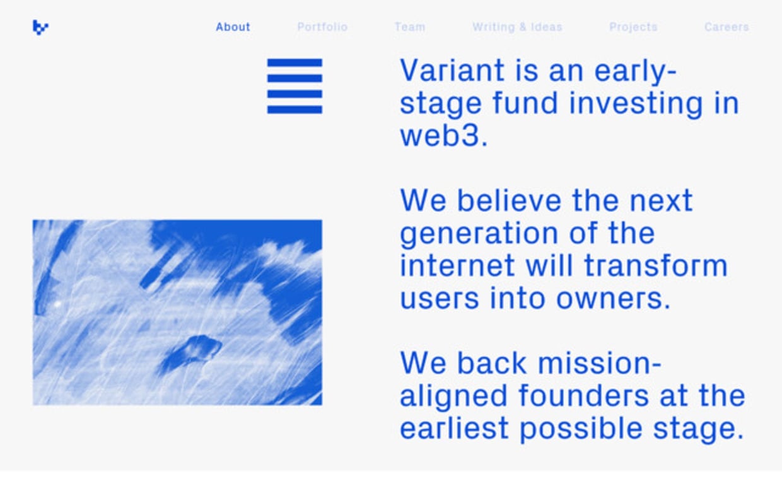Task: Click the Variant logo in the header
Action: [40, 28]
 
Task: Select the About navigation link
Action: [233, 27]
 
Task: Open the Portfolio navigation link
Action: [322, 27]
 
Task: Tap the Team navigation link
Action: [410, 27]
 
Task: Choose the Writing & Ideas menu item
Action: [517, 27]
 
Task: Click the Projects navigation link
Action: [633, 27]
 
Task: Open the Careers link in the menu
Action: [727, 27]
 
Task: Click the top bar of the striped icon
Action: [295, 63]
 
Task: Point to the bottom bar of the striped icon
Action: [295, 110]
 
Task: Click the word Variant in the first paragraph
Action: [452, 70]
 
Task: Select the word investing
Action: [636, 103]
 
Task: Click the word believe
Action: [509, 200]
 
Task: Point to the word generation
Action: [479, 234]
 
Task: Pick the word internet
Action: [457, 265]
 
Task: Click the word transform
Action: [656, 265]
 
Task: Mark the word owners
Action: [613, 299]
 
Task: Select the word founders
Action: [583, 395]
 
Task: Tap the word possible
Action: [581, 429]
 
